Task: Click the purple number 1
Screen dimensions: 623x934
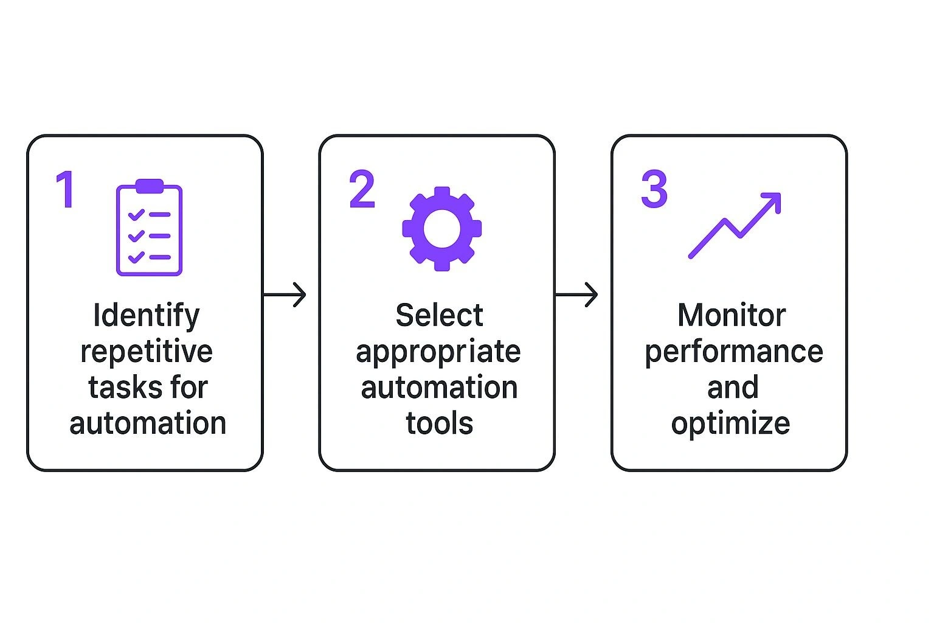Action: (66, 189)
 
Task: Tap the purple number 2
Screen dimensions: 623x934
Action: (362, 189)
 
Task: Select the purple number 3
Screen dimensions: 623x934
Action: (654, 189)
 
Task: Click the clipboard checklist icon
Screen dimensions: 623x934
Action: (149, 228)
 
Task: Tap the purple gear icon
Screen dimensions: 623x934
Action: (442, 229)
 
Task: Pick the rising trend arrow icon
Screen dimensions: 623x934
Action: (735, 225)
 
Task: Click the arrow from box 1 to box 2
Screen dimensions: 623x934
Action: (285, 295)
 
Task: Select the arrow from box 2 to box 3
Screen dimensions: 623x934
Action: (576, 295)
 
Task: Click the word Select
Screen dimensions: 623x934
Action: (439, 316)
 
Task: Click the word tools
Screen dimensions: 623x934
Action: (439, 423)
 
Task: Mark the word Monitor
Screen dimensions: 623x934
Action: (732, 316)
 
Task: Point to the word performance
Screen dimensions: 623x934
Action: (733, 352)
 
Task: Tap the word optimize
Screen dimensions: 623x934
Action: (730, 423)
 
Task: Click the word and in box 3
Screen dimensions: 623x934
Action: (733, 388)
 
